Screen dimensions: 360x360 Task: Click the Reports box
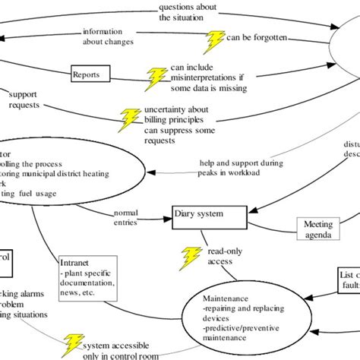[90, 74]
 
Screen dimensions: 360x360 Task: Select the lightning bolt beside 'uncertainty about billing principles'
[131, 118]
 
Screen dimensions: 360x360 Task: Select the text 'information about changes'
[108, 37]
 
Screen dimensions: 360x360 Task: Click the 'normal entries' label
[126, 218]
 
